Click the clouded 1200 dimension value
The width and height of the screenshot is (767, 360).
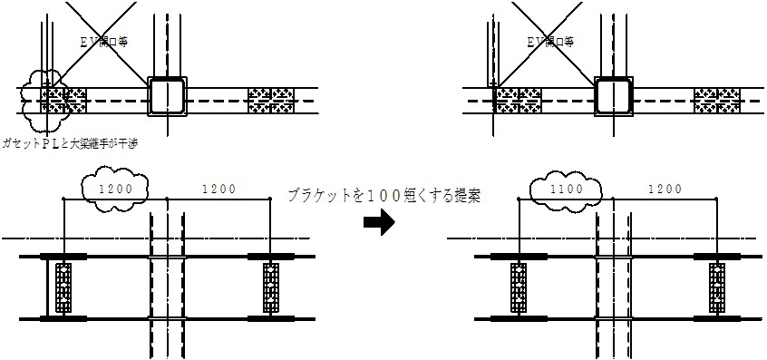[114, 189]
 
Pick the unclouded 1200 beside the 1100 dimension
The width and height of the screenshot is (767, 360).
[666, 189]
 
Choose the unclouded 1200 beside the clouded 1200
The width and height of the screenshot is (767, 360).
[218, 189]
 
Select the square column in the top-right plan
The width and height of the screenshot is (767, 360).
[615, 95]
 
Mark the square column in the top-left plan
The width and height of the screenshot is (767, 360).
[168, 95]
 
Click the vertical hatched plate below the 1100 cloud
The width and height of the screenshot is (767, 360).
[518, 287]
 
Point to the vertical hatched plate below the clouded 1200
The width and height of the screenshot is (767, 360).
[63, 287]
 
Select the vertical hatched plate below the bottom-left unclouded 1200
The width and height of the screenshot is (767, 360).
[271, 287]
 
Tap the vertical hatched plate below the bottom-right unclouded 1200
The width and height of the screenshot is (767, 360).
[717, 287]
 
